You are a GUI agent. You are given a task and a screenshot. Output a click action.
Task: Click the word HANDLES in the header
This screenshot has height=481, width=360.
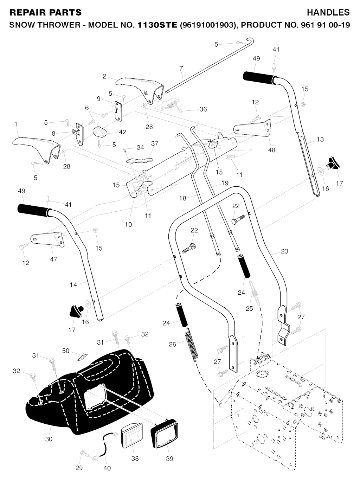(x=328, y=13)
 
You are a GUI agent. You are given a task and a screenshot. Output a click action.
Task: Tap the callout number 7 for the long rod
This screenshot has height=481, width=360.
(x=181, y=68)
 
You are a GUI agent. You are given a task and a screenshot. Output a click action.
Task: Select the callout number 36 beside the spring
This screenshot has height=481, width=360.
(x=203, y=109)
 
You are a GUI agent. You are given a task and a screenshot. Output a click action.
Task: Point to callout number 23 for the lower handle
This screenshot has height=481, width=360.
(x=284, y=251)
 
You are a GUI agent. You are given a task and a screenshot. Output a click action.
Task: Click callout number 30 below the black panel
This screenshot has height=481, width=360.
(x=49, y=439)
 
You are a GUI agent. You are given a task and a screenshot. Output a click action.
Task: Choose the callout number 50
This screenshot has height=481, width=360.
(x=66, y=351)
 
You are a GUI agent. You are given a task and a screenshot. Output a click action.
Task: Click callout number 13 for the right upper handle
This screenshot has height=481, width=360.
(x=320, y=140)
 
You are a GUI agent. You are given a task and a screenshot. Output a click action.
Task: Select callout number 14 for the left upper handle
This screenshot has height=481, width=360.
(x=73, y=284)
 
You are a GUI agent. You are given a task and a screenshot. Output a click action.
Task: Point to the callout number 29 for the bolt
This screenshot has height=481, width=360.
(x=79, y=468)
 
